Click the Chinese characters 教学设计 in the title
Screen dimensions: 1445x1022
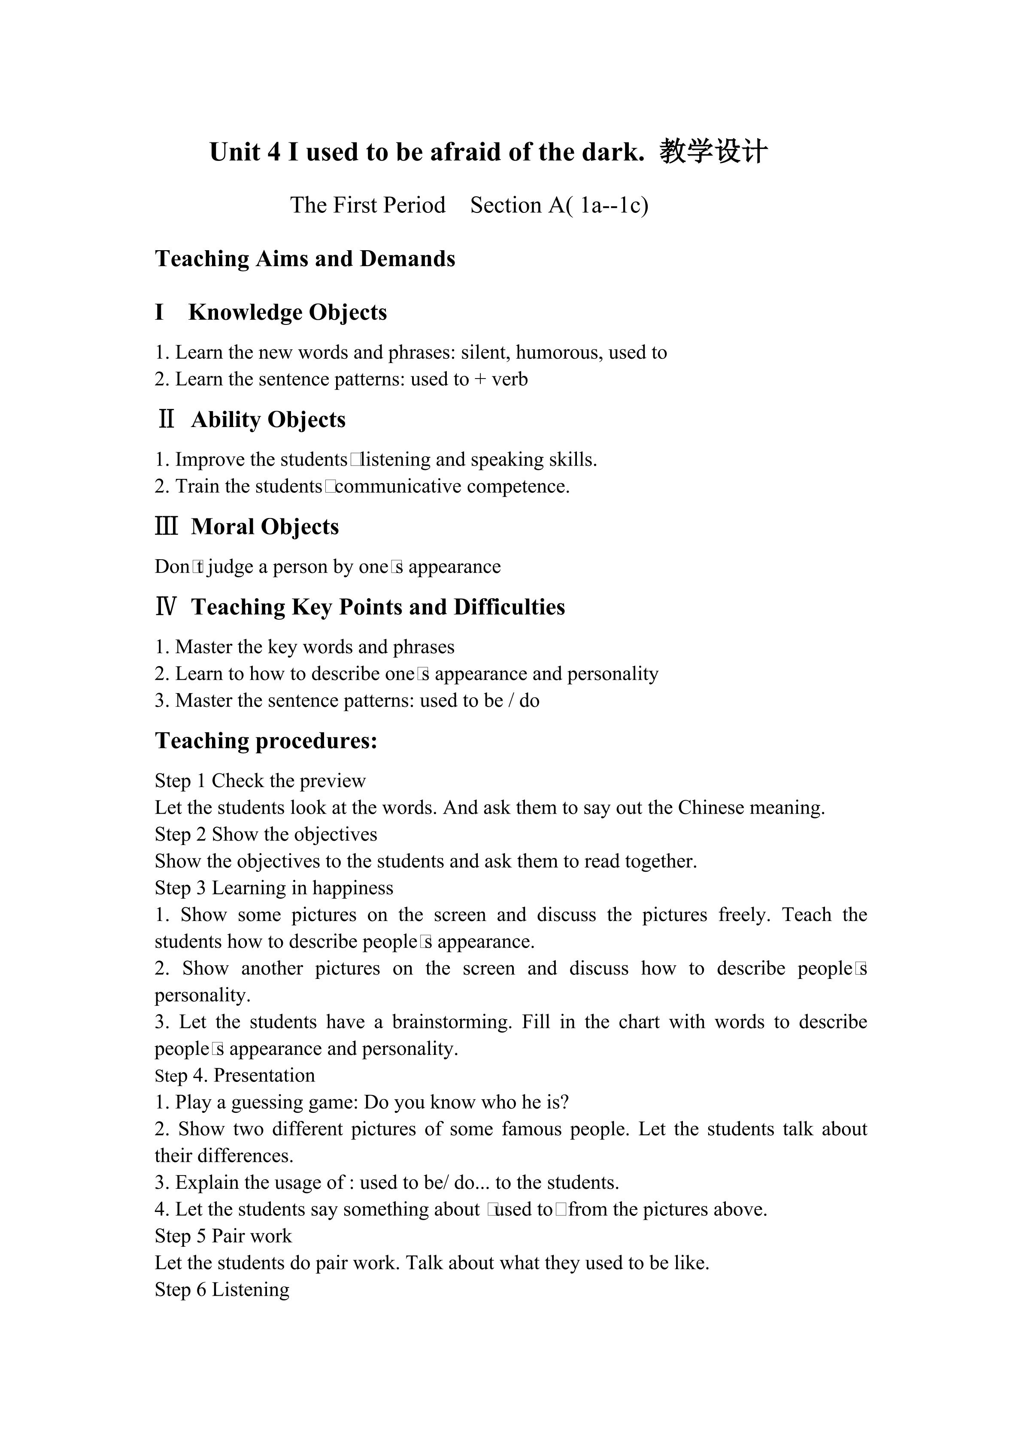pos(714,151)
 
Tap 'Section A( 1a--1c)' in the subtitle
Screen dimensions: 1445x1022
pos(559,205)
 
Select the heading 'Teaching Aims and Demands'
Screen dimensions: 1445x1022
pos(305,259)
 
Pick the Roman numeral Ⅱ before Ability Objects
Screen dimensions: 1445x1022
pos(166,419)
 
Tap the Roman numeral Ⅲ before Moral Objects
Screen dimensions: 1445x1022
pos(166,526)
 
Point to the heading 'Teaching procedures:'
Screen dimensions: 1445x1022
pos(266,741)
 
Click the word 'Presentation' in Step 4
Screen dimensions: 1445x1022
pos(264,1075)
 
